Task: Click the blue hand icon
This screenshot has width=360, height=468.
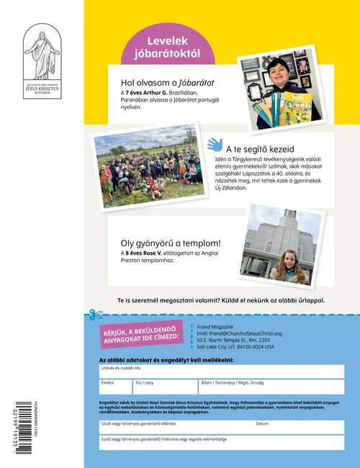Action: pos(215,144)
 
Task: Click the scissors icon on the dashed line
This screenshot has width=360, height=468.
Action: pos(93,315)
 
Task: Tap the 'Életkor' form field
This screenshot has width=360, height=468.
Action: pos(116,387)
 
